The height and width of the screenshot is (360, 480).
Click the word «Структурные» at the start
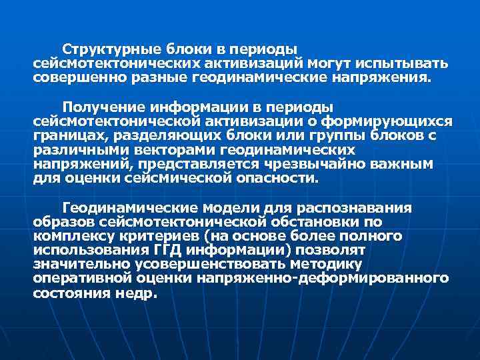pyautogui.click(x=103, y=50)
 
